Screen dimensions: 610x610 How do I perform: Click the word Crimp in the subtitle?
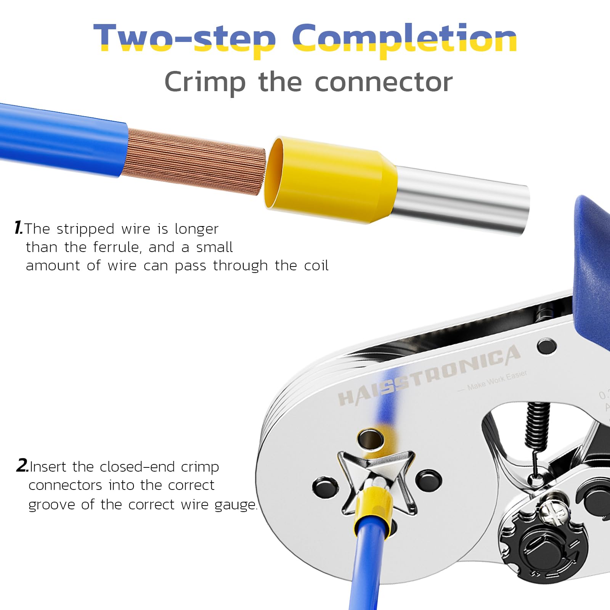[205, 82]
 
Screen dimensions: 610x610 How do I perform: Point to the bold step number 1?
[18, 228]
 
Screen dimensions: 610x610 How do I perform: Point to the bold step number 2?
[22, 466]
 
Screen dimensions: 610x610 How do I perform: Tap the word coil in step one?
[316, 265]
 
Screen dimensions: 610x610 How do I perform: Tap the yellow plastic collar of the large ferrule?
[332, 179]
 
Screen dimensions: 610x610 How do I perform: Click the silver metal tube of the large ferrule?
[461, 200]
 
